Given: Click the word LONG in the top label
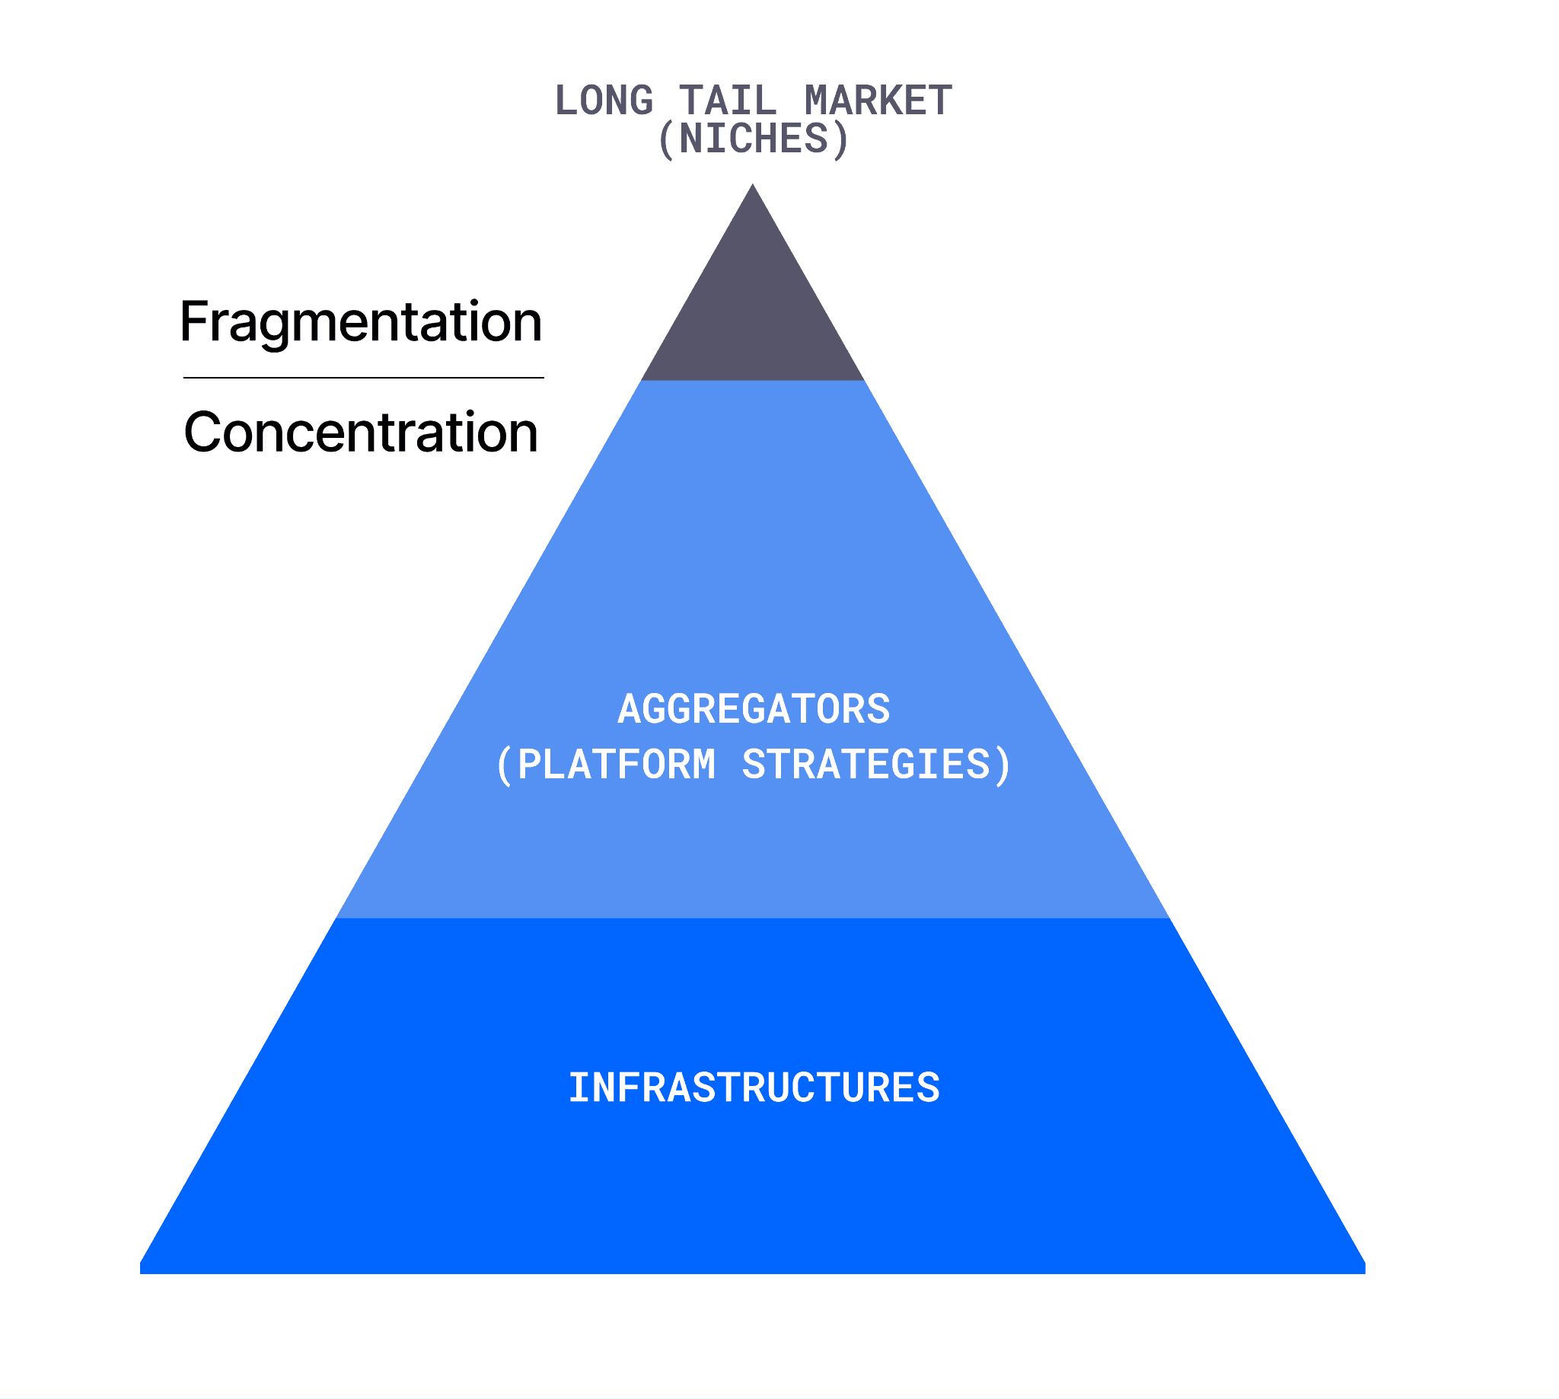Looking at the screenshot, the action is pos(603,101).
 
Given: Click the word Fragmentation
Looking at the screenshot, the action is pos(361,323).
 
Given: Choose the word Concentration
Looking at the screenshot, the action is pos(361,432).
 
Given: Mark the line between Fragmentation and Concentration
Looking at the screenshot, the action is pos(363,378).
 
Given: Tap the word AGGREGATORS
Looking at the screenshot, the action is pos(754,709).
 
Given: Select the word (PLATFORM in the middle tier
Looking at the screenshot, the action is pos(606,765).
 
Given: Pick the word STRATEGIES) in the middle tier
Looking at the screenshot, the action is pos(877,765).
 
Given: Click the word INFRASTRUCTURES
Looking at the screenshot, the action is pos(754,1088).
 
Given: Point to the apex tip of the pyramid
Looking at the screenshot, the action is pos(753,184).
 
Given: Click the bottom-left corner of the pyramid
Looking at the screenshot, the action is pos(141,1273).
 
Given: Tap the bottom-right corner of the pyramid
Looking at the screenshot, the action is pos(1365,1273).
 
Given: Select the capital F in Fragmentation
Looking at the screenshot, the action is pos(193,321).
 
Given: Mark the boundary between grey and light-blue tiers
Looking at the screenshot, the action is pos(753,381).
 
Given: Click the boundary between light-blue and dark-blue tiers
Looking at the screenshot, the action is pos(753,918).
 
